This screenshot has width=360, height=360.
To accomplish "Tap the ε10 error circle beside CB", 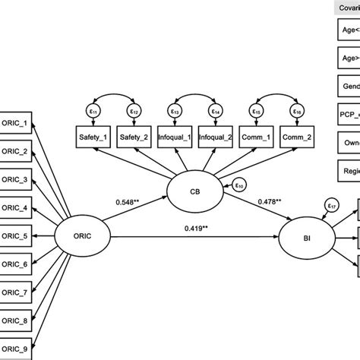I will click(238, 185).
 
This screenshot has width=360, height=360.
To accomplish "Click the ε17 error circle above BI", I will click(330, 204).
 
